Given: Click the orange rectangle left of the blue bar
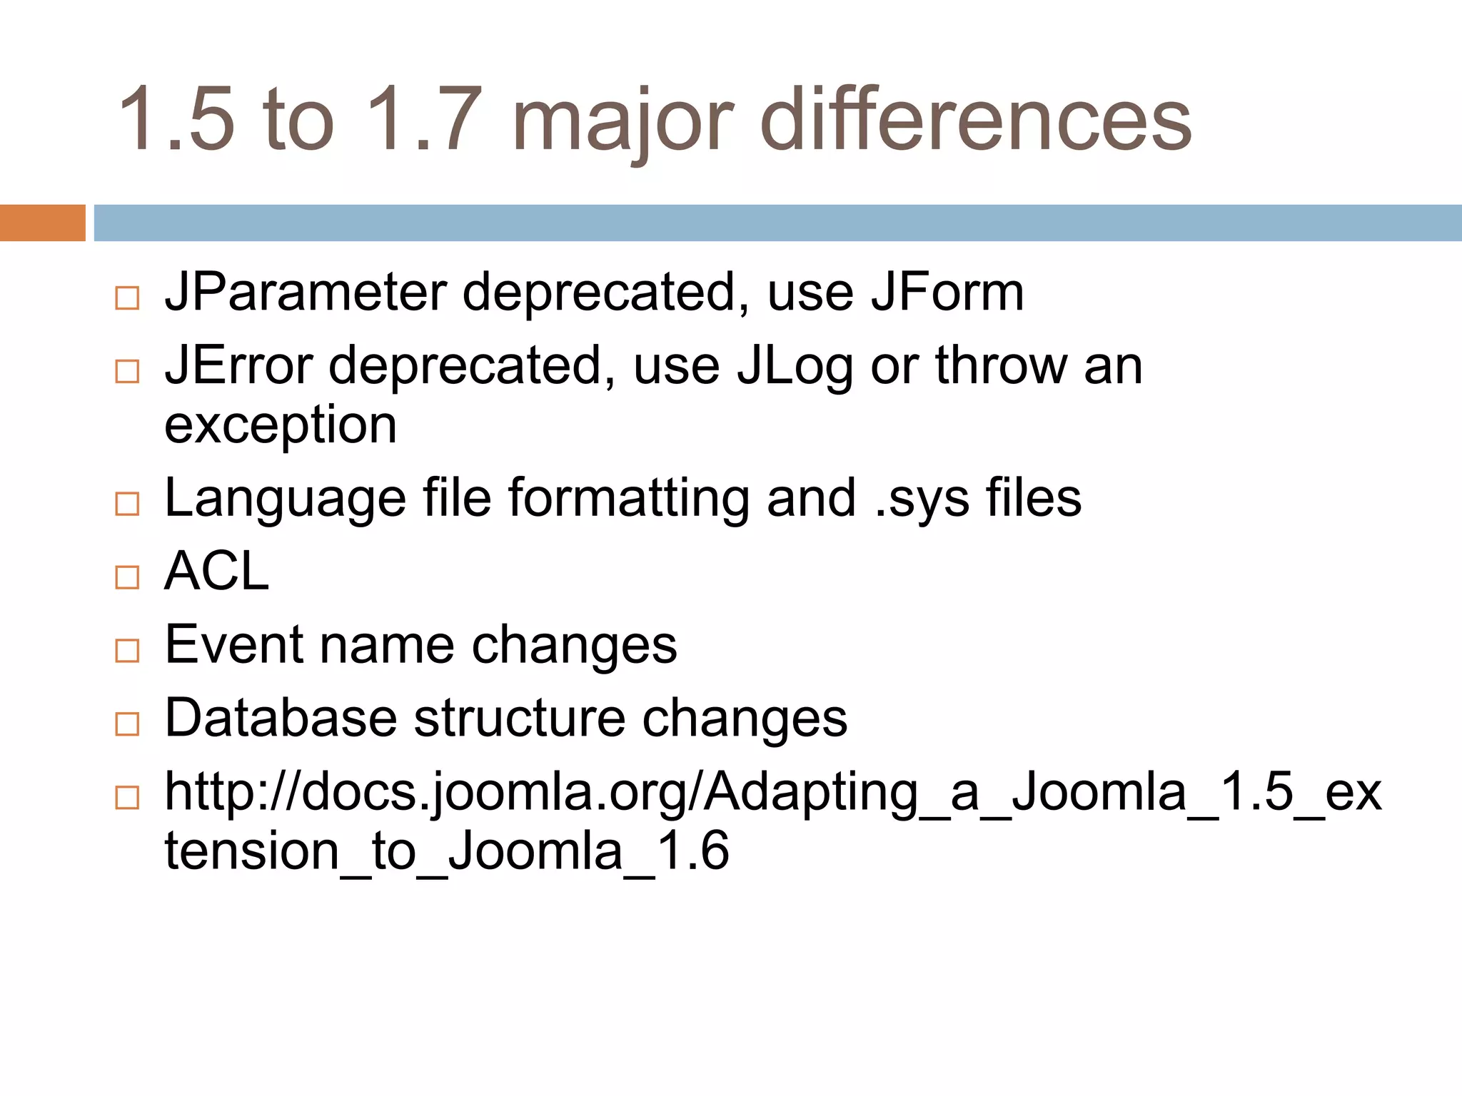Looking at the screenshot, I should coord(42,223).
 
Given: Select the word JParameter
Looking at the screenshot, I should coord(306,293).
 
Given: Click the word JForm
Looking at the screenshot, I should coord(947,293).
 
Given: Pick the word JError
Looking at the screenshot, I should coord(238,365).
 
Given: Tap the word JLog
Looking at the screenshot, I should coord(795,365).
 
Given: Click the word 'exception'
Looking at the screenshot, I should coord(281,425).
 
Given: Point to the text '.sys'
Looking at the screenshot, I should coord(922,498).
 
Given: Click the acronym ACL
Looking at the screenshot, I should coord(217,571).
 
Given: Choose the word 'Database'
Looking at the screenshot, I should coord(281,718).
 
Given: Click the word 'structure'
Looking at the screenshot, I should coord(520,718).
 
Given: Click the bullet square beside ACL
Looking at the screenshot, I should coord(127,577).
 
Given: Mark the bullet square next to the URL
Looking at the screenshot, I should coord(127,797).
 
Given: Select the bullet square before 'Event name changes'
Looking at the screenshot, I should coord(127,650).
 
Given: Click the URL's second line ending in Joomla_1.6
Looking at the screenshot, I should coord(447,851).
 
